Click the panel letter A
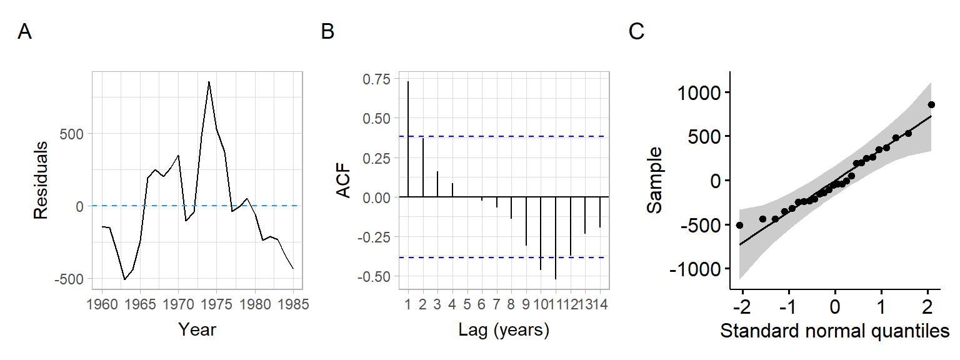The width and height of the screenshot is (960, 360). pyautogui.click(x=24, y=32)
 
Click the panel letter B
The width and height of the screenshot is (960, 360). pyautogui.click(x=327, y=32)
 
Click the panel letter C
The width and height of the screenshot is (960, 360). pyautogui.click(x=636, y=32)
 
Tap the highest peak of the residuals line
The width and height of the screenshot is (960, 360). pyautogui.click(x=209, y=82)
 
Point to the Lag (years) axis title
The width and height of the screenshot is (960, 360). pyautogui.click(x=504, y=330)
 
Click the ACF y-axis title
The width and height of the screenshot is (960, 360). pyautogui.click(x=344, y=181)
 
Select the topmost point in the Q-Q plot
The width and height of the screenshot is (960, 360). pyautogui.click(x=931, y=104)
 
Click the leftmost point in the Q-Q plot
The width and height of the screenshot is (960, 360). pyautogui.click(x=739, y=225)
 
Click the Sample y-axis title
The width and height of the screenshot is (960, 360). pyautogui.click(x=655, y=181)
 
